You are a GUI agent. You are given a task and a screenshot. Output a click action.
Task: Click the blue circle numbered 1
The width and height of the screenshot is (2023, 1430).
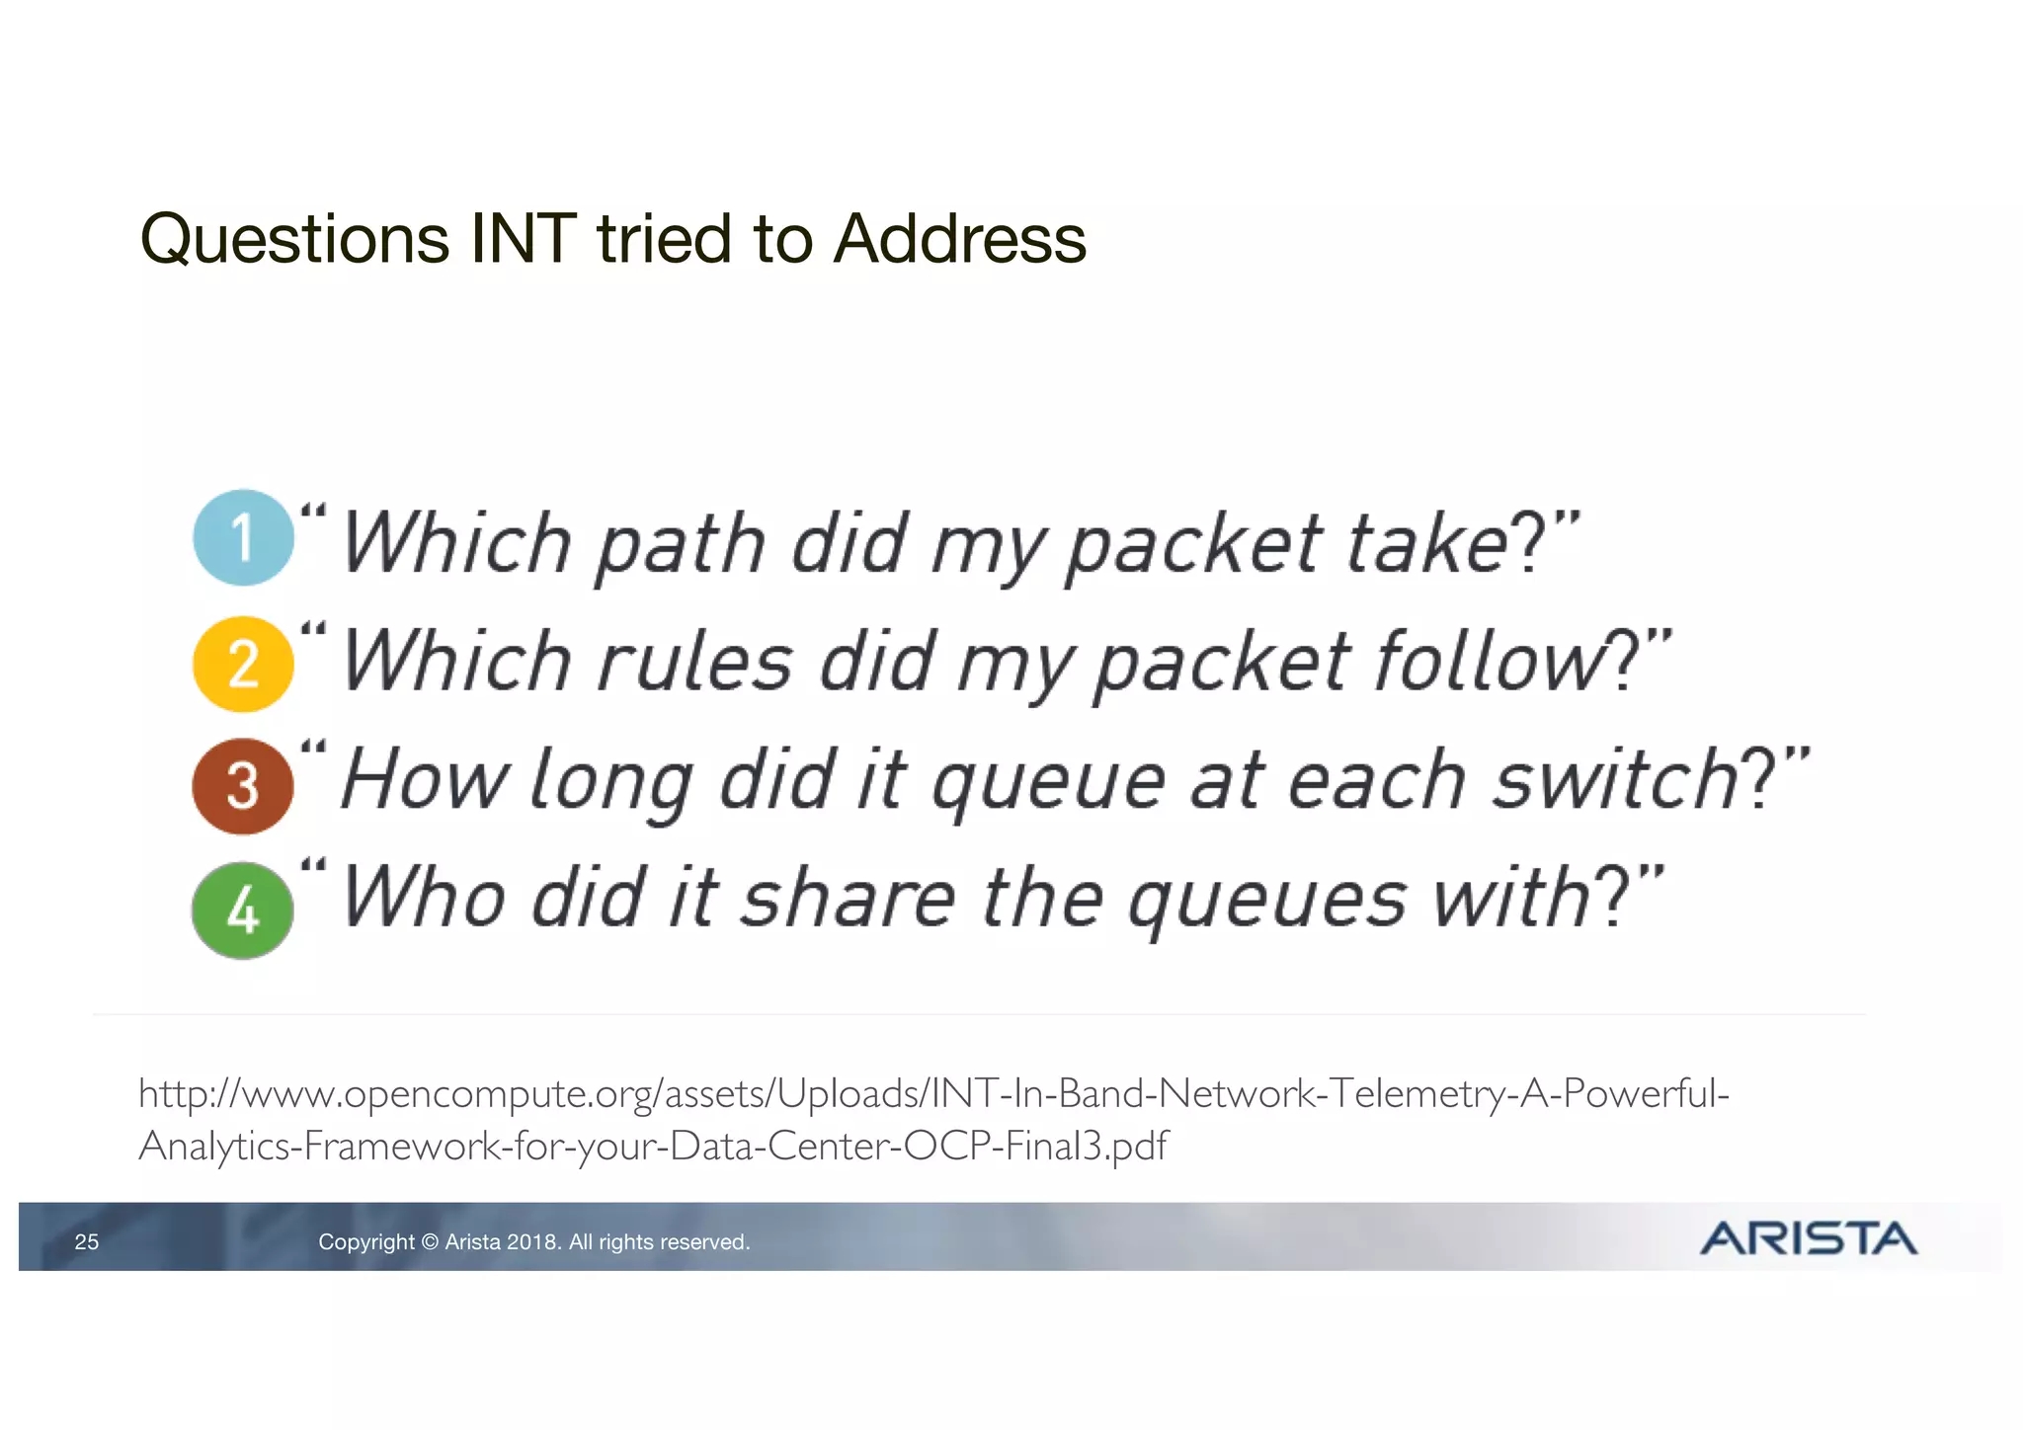pos(243,537)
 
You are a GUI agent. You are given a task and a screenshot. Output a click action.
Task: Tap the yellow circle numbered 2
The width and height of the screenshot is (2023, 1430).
pos(243,664)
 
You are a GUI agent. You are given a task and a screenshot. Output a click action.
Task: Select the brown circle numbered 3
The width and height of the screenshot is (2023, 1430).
pos(243,786)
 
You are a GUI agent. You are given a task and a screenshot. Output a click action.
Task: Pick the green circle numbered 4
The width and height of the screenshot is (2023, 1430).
pos(243,910)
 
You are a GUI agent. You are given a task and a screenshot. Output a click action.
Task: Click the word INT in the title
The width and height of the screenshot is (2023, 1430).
pos(523,239)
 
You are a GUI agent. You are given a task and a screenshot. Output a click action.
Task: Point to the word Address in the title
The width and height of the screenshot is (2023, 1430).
pos(959,239)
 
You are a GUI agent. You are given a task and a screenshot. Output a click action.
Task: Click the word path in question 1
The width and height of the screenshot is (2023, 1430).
pos(681,544)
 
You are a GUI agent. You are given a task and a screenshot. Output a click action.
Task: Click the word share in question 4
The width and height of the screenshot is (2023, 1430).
pos(848,898)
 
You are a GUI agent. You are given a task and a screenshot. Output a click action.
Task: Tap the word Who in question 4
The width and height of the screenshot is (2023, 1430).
pos(424,898)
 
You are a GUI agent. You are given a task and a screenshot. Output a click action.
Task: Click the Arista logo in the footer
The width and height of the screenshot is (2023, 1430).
pos(1808,1238)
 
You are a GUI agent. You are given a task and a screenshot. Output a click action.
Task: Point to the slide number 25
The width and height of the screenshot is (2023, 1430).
pos(87,1242)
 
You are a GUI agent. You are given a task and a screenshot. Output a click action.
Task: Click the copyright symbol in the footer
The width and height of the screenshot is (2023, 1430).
pos(430,1242)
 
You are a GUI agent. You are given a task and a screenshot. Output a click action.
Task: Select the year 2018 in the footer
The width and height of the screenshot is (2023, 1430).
pos(532,1242)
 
